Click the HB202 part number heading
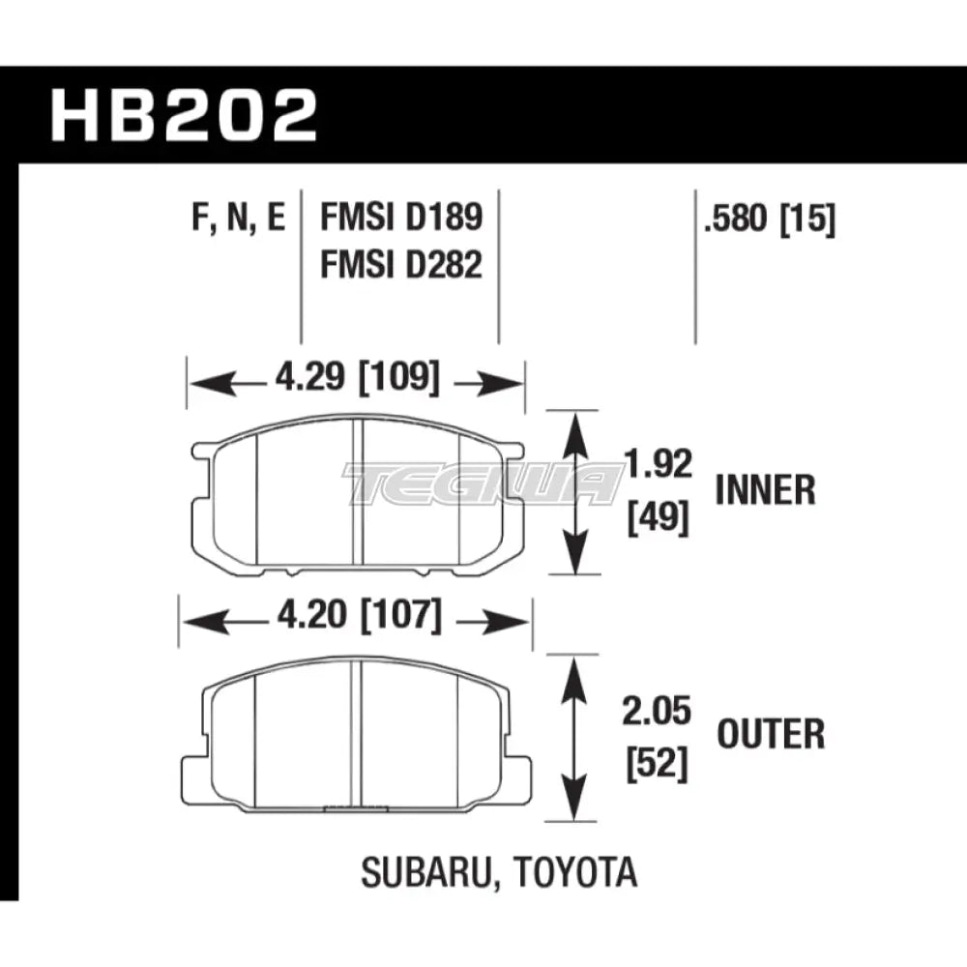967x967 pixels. click(x=184, y=117)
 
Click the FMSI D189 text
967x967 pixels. click(x=400, y=218)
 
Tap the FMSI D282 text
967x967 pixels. click(x=400, y=264)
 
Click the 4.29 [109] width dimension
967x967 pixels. click(x=353, y=378)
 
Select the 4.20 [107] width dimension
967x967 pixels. click(x=353, y=616)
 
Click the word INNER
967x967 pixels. click(x=765, y=492)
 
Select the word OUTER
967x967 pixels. click(x=770, y=736)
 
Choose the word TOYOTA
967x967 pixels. click(x=578, y=873)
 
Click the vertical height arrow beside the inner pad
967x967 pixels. click(x=577, y=493)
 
